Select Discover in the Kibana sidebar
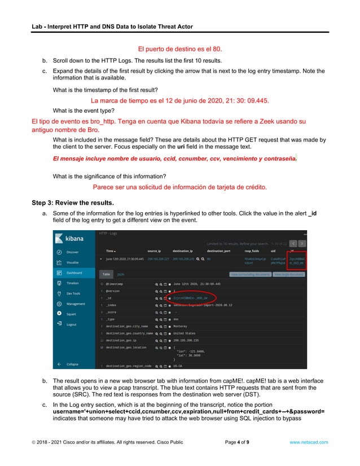tap(72, 252)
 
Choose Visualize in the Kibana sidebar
tap(72, 262)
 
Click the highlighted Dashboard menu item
tap(74, 273)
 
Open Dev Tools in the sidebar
tap(73, 293)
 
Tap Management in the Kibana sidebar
tap(76, 304)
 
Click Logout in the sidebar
tap(71, 324)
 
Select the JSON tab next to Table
tap(120, 274)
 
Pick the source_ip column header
tap(155, 250)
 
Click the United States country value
tap(187, 333)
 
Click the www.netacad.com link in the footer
tap(308, 442)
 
